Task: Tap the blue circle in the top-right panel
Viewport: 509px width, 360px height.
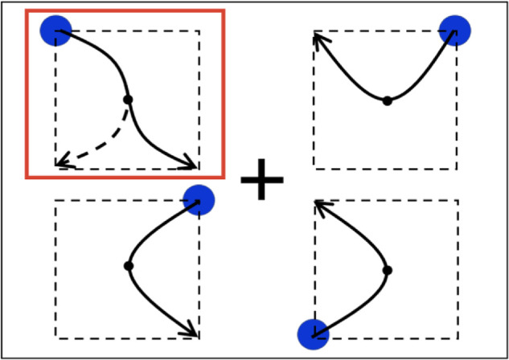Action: coord(454,30)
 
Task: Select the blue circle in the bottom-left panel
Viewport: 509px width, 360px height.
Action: coord(198,198)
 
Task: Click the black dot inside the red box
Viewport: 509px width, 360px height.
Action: coord(128,100)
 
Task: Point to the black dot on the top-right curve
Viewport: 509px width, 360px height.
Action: coord(387,100)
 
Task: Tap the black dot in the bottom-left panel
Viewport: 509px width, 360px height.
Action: coord(128,265)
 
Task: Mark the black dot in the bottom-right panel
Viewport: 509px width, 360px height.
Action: coord(387,270)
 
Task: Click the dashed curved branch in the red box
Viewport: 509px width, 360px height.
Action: coord(105,145)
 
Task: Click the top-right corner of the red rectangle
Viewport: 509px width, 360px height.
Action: coord(222,11)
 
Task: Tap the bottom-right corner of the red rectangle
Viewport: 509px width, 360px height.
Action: coord(222,175)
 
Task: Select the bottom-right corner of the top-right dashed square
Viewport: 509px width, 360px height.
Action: coord(458,168)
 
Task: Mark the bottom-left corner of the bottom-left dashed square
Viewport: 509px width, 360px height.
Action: coord(55,337)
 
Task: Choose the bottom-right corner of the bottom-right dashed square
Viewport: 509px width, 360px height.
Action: coord(458,337)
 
